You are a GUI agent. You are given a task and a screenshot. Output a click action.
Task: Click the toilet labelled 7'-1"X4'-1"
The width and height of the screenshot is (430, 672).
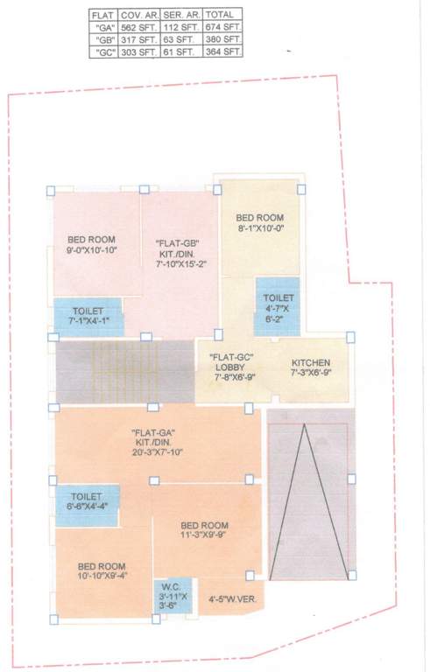point(88,316)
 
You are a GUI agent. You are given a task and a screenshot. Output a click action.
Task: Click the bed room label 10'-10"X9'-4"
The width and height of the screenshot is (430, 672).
point(104,570)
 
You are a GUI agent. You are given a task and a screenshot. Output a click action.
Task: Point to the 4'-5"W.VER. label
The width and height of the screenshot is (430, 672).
point(232,600)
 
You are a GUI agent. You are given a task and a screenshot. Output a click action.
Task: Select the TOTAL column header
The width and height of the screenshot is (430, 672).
point(221,15)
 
